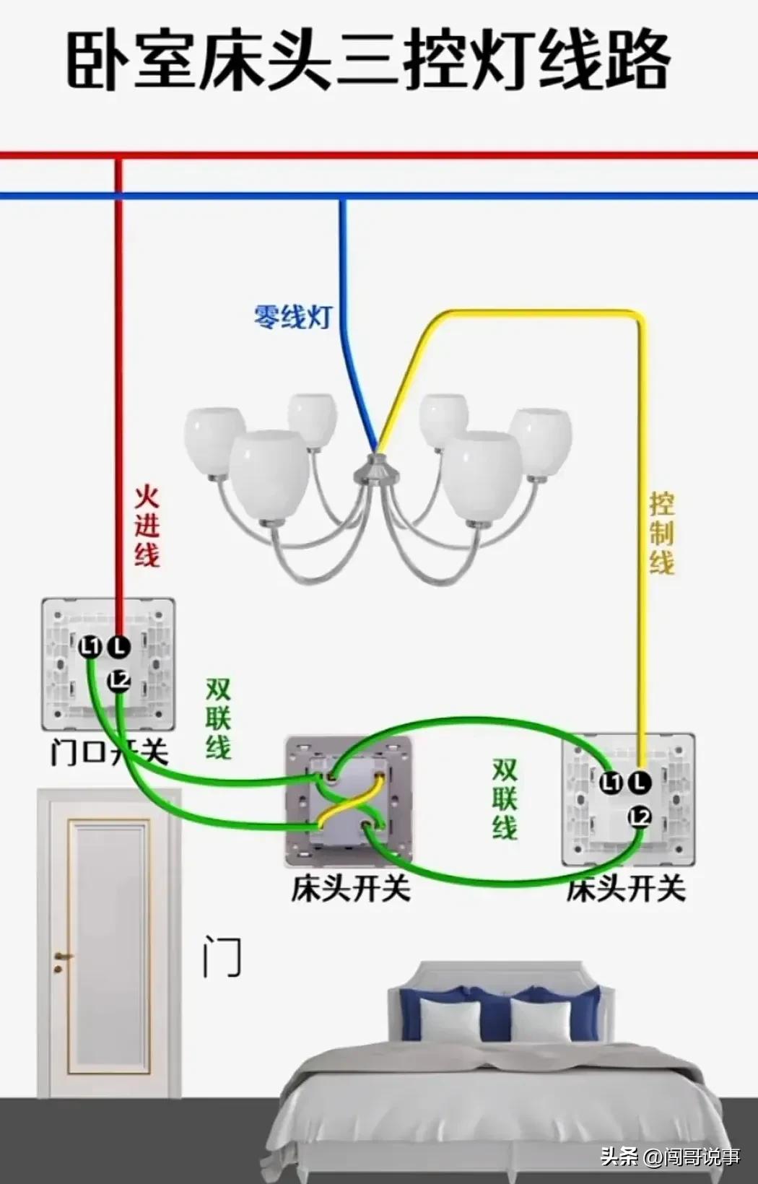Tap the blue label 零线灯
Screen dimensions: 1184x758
292,316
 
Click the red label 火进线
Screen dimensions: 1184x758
147,527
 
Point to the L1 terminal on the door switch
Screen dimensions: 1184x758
90,646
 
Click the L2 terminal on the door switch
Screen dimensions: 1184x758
119,680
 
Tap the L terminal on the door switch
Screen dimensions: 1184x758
119,646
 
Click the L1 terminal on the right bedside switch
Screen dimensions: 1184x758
611,782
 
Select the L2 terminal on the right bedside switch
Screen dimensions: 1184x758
640,817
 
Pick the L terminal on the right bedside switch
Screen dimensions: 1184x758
640,782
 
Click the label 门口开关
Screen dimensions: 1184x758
109,752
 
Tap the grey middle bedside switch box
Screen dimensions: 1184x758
349,801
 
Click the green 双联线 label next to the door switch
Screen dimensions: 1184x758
217,718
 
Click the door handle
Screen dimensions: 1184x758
61,959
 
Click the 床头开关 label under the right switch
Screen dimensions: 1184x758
625,888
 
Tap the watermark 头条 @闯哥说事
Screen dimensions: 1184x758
670,1157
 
